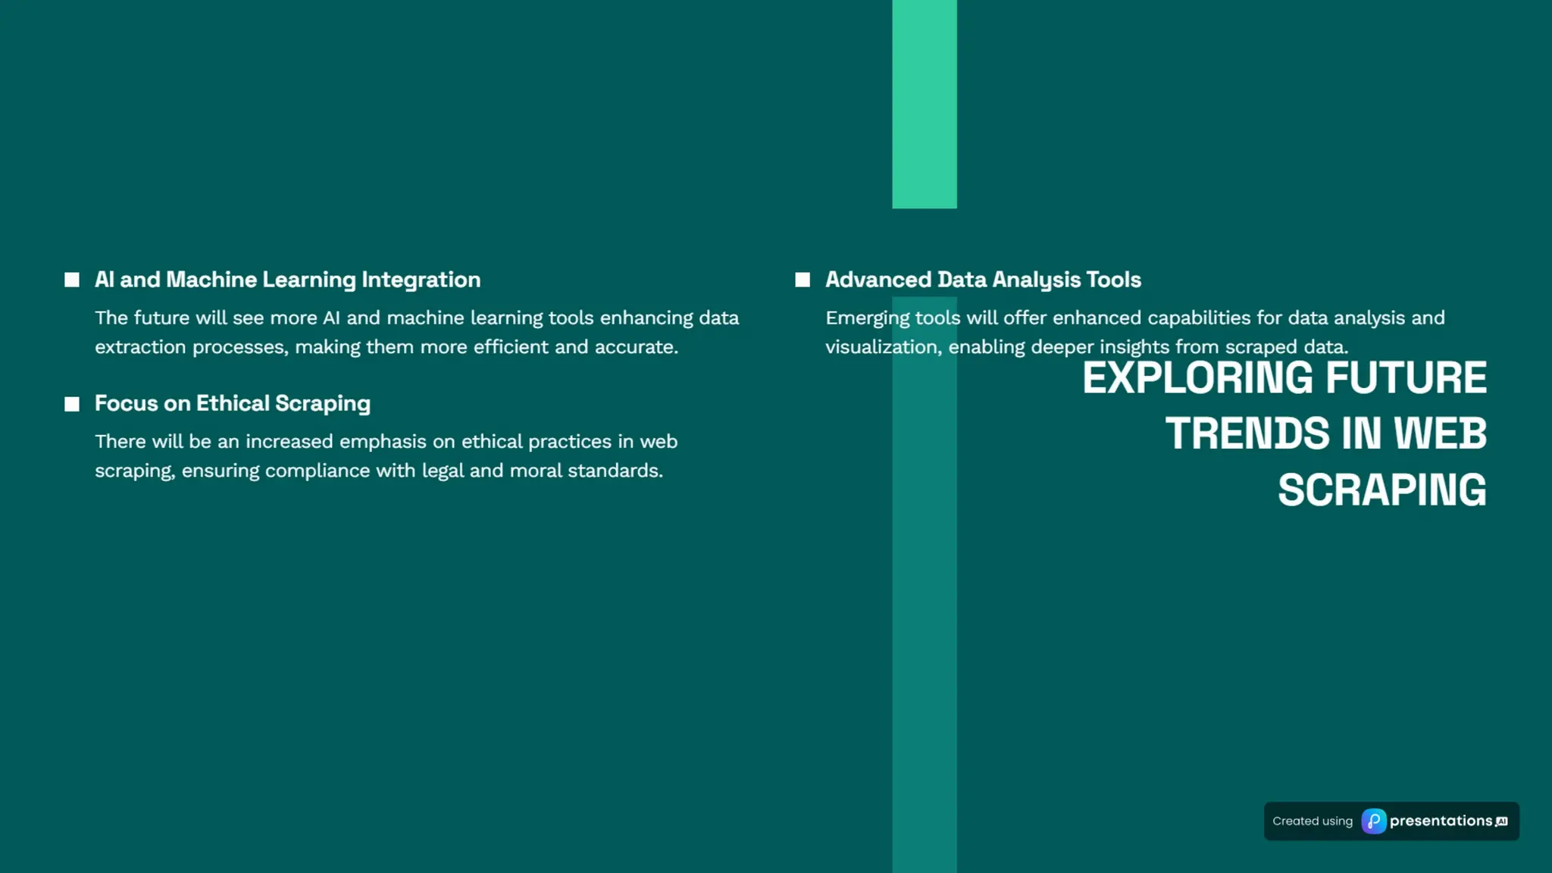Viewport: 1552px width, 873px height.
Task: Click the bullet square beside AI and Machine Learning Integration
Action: click(x=72, y=280)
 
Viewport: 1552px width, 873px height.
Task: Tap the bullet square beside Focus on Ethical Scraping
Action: click(x=72, y=404)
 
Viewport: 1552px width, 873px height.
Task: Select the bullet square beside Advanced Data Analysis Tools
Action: click(x=803, y=280)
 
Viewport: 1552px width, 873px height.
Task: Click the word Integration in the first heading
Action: click(x=421, y=280)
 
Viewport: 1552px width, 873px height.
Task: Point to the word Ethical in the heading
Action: click(x=233, y=403)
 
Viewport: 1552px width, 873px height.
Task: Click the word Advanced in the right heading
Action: click(x=878, y=280)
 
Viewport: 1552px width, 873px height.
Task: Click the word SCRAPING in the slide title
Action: click(x=1382, y=490)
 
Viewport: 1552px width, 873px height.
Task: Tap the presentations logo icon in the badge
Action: click(x=1373, y=821)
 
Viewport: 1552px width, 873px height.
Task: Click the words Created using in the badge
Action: click(x=1313, y=821)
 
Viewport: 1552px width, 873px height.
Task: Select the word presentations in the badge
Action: click(x=1441, y=821)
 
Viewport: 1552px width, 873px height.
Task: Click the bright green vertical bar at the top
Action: click(x=925, y=104)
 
